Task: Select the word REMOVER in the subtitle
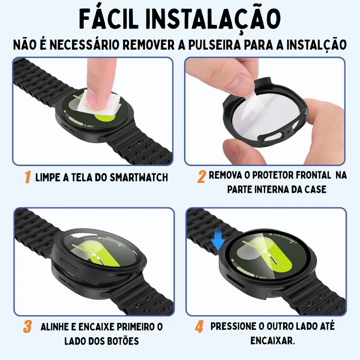149,45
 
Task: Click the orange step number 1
28,177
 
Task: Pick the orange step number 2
201,177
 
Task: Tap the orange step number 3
27,327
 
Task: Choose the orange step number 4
199,327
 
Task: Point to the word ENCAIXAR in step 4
272,341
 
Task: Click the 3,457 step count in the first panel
89,126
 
